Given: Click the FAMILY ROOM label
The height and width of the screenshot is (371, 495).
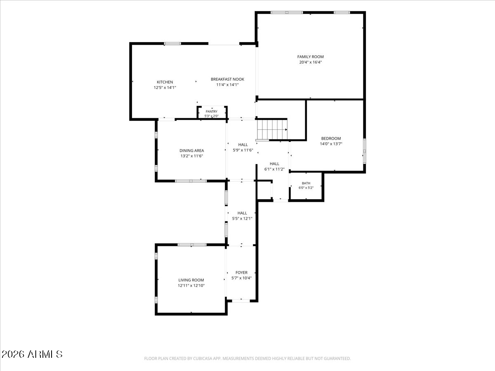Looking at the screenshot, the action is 310,57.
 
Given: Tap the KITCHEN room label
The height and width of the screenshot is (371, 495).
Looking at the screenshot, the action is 165,82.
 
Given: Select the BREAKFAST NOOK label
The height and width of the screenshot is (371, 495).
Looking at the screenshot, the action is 227,79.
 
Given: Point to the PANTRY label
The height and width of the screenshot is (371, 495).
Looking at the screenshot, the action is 212,111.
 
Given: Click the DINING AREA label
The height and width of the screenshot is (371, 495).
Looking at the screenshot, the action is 192,150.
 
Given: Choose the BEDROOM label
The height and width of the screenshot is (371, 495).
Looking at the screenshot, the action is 331,139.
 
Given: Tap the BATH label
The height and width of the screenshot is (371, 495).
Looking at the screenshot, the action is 306,183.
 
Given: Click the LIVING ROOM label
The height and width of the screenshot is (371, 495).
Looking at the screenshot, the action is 191,280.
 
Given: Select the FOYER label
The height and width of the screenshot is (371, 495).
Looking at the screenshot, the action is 242,272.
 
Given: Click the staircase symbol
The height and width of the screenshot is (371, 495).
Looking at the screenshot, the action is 272,129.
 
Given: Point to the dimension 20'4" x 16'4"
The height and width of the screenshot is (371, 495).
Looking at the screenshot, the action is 310,62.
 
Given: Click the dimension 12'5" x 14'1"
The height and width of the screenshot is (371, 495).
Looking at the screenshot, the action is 165,87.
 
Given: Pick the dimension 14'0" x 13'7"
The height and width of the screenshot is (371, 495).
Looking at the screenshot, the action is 331,144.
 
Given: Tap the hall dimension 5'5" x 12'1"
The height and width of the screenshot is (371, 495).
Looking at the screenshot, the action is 242,218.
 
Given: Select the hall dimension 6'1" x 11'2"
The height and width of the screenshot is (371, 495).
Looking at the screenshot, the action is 274,169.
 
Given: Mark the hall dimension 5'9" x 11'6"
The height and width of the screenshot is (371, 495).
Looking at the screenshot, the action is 243,150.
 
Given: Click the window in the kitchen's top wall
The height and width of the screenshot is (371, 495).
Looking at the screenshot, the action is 172,44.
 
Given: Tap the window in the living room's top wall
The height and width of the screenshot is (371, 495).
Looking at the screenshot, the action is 192,245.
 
